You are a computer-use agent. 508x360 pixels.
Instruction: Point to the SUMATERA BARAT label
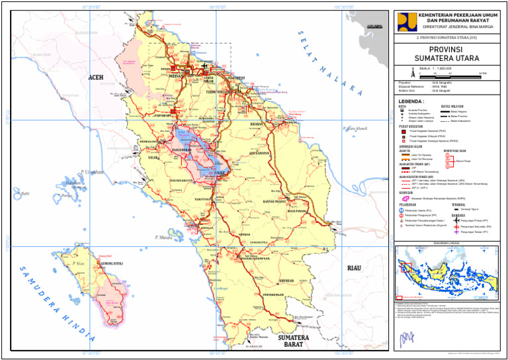click(294, 341)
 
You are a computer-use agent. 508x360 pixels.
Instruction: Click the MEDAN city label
click(176, 76)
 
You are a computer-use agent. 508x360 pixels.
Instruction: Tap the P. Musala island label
click(163, 236)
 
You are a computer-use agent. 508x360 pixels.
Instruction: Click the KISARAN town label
click(257, 124)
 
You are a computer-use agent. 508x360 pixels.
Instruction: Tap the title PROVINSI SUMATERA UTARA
click(449, 53)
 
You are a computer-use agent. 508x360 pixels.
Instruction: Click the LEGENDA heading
click(411, 101)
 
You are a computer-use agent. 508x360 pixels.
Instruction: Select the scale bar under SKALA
click(456, 75)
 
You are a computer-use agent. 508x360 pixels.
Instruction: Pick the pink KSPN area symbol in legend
click(403, 199)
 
